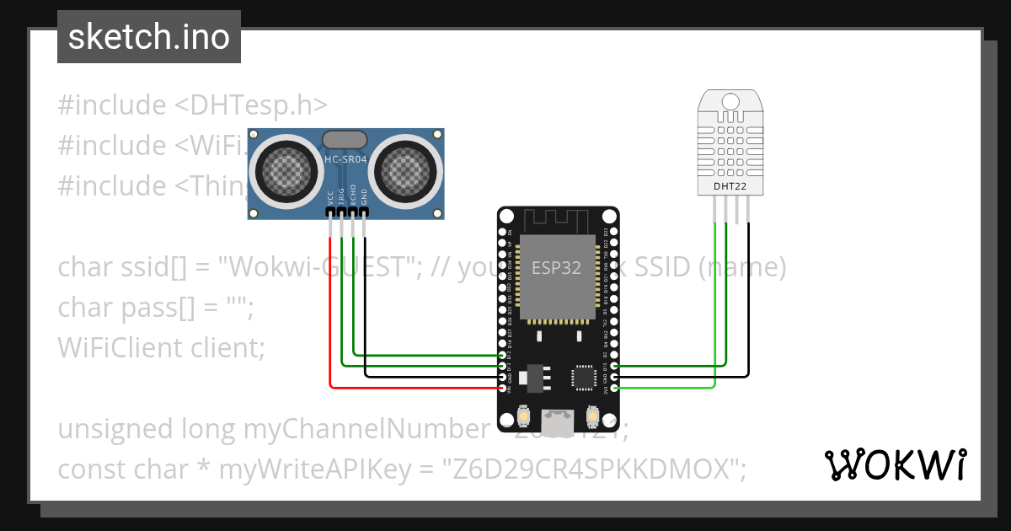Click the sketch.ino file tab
pos(148,37)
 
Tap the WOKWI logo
pos(895,464)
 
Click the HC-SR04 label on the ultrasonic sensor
pos(345,159)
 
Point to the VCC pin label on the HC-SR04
pos(329,197)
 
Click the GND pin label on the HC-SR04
pos(365,197)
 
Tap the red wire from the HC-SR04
pos(329,320)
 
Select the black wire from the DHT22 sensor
pos(747,320)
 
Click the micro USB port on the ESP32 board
pos(558,417)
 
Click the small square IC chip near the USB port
pos(584,377)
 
